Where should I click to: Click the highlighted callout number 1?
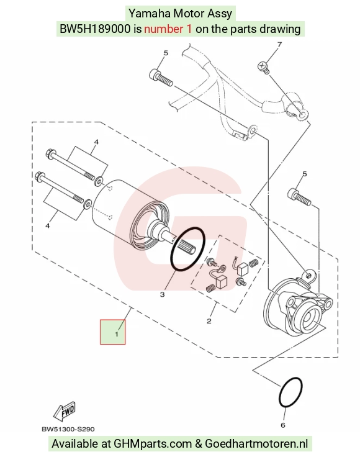(x=117, y=333)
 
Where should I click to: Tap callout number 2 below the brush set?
(x=209, y=321)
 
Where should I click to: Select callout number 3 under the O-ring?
(x=162, y=295)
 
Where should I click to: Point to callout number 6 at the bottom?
(x=283, y=425)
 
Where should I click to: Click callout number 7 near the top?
(x=279, y=45)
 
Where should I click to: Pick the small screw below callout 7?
(x=264, y=67)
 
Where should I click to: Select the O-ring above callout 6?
(x=290, y=392)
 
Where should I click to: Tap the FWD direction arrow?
(x=65, y=412)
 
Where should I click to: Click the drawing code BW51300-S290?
(x=68, y=429)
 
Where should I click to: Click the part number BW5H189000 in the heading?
(x=95, y=29)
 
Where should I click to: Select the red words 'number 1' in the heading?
(x=168, y=29)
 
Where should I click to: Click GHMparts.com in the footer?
(x=152, y=444)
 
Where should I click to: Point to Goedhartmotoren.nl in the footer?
(x=256, y=443)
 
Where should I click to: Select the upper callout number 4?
(x=96, y=142)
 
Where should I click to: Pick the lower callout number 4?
(x=47, y=225)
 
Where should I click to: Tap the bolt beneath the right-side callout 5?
(x=299, y=197)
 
